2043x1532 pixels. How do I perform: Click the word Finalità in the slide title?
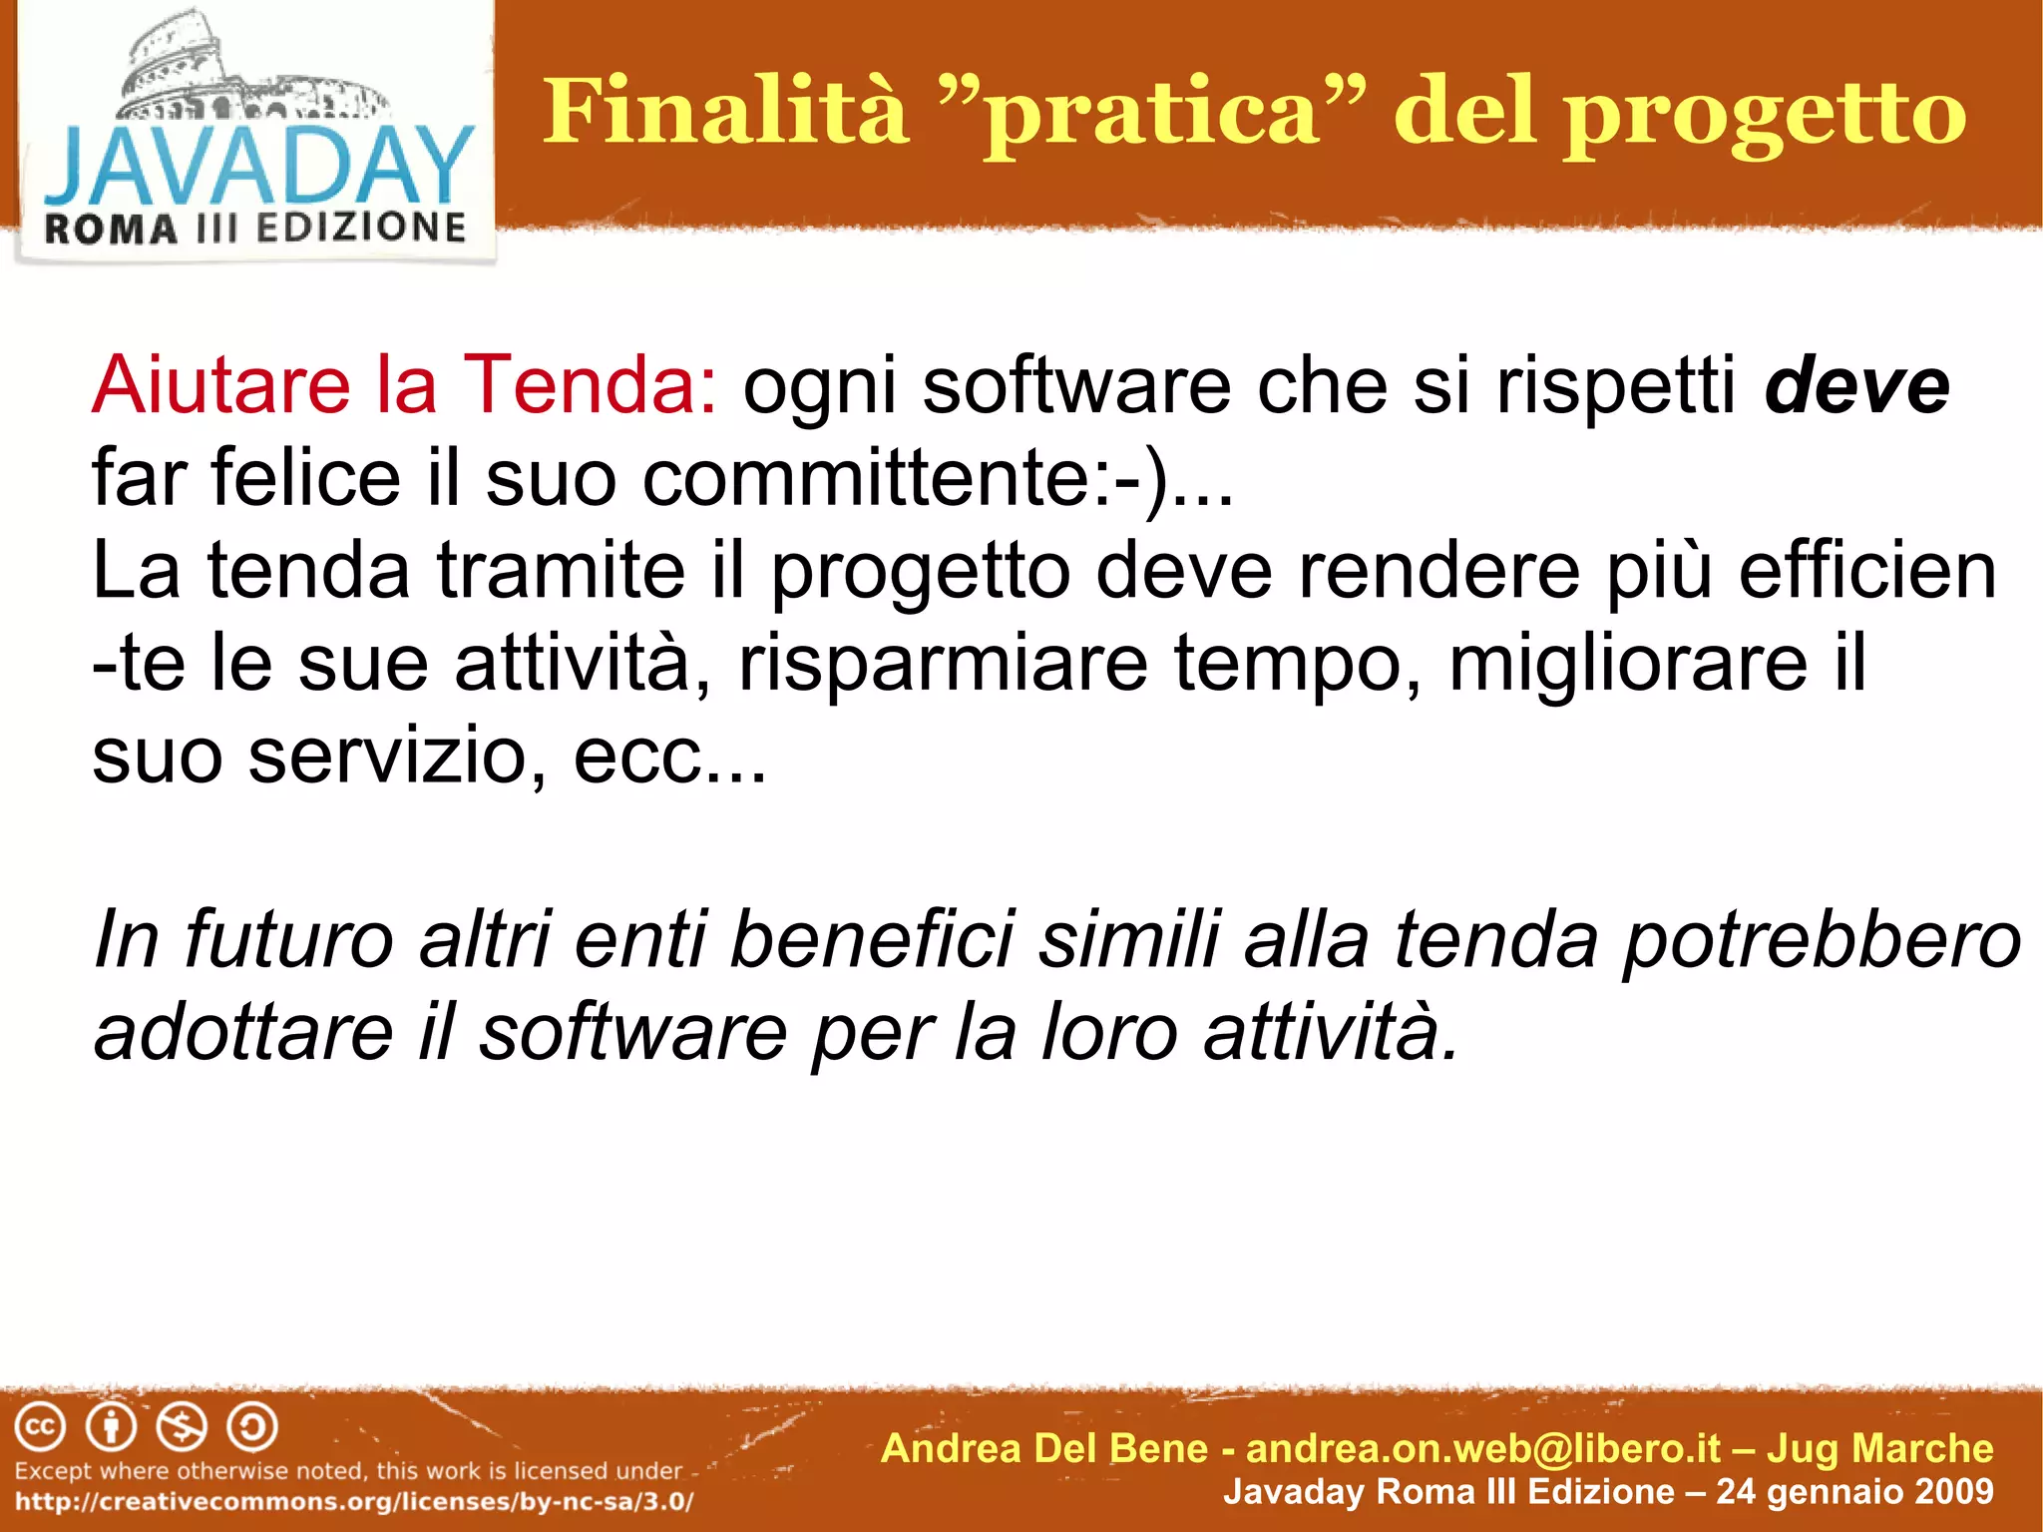click(725, 112)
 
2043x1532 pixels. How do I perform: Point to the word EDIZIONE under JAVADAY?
click(361, 228)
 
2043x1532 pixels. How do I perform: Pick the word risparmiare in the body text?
click(943, 664)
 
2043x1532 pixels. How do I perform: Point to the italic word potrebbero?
click(1822, 940)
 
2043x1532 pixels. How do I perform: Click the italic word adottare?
click(243, 1033)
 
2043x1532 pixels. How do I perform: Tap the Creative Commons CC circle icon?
click(40, 1427)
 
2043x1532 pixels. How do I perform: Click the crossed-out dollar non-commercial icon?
click(183, 1427)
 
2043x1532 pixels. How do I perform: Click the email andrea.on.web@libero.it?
click(1483, 1448)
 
